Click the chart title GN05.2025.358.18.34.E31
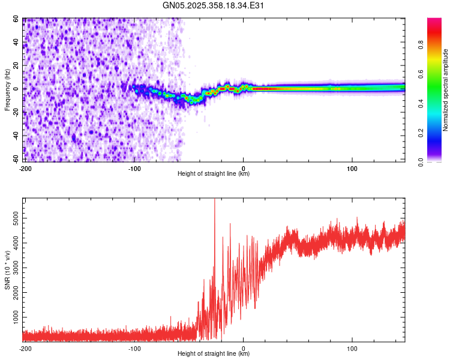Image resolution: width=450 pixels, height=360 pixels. click(x=213, y=5)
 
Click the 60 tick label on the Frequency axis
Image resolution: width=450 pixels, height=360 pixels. click(x=16, y=19)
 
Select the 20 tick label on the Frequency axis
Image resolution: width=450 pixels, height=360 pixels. click(x=16, y=66)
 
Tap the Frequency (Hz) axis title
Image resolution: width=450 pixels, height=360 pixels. click(x=7, y=90)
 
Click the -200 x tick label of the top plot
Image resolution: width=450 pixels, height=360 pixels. click(x=25, y=169)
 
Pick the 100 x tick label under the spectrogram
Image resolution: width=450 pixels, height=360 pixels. click(x=352, y=169)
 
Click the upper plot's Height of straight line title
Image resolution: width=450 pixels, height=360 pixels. click(x=214, y=173)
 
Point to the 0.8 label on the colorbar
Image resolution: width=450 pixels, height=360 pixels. click(x=421, y=45)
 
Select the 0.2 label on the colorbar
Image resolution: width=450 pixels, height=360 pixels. click(x=421, y=133)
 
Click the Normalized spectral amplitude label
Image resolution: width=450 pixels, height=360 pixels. click(x=445, y=90)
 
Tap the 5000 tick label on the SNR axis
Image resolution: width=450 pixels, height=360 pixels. click(x=16, y=218)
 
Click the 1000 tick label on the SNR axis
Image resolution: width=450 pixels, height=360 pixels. click(x=16, y=317)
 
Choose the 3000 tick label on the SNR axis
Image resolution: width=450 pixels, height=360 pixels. click(x=16, y=268)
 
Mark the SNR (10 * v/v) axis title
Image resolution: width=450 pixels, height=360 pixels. click(x=7, y=270)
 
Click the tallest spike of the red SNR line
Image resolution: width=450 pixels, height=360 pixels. click(x=215, y=199)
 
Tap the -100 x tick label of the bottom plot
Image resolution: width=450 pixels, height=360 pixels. click(x=134, y=349)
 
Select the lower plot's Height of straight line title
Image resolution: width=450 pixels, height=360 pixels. click(x=214, y=353)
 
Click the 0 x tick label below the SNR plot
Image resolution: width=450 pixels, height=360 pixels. click(x=244, y=349)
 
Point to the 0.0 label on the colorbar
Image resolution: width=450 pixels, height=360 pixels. click(x=421, y=163)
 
